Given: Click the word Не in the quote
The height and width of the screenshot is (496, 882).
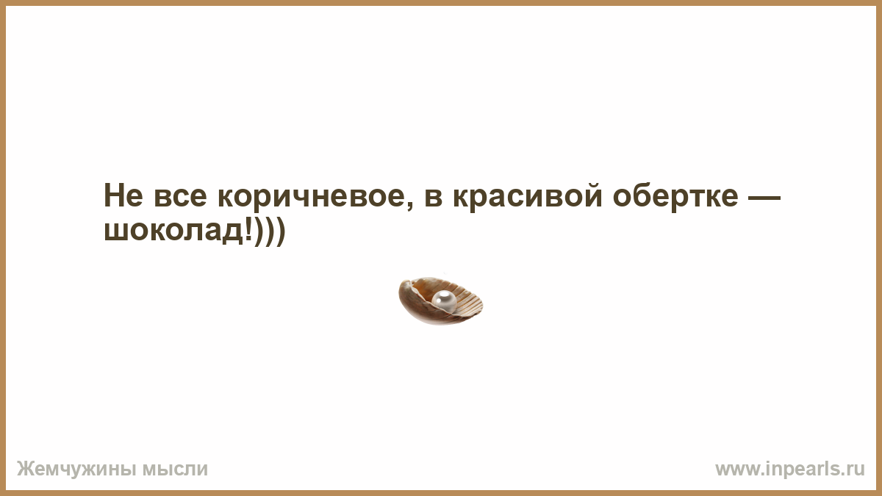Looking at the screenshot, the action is tap(123, 195).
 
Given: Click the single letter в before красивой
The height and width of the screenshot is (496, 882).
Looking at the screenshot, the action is tap(434, 198).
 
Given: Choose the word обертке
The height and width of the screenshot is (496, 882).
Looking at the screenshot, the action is tap(675, 197).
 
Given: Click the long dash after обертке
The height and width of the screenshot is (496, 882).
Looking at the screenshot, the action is tap(764, 198).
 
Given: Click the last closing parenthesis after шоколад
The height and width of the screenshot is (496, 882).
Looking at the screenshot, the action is tap(280, 232).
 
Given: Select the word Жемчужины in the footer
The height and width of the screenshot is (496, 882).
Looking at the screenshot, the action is tap(76, 470).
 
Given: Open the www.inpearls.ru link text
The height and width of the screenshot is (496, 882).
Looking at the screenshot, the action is tap(790, 470).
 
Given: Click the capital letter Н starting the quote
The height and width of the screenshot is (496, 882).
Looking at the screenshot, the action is tap(113, 195).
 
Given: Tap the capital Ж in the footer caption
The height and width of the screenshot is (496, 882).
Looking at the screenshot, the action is tap(24, 470).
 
